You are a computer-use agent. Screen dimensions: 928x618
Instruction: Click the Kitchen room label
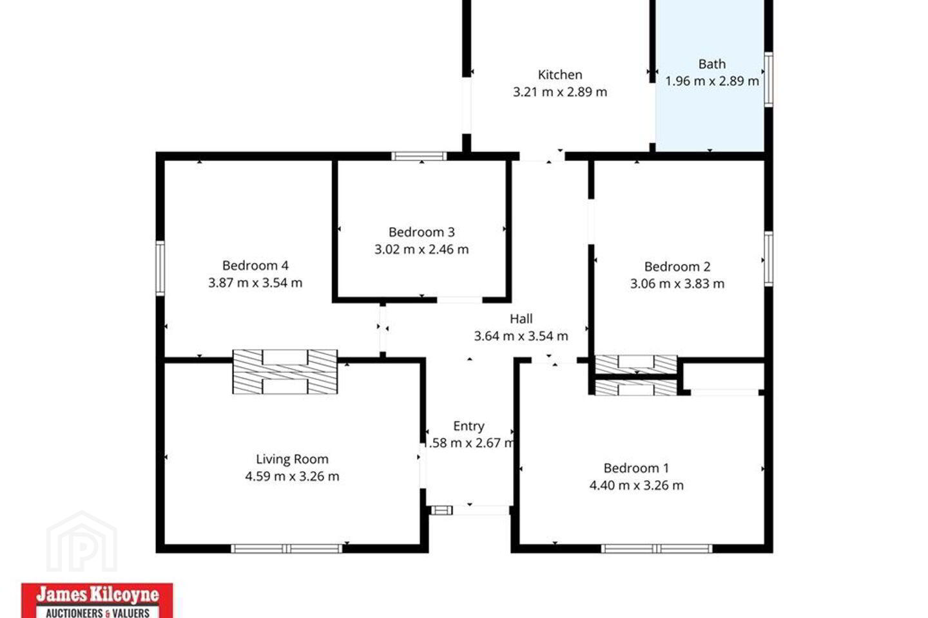click(559, 75)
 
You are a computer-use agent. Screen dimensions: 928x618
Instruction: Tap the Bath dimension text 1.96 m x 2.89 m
click(711, 81)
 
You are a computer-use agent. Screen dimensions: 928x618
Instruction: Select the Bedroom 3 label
click(421, 232)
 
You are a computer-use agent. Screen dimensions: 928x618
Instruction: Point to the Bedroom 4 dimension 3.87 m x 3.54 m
click(255, 283)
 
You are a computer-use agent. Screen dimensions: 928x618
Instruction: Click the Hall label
click(521, 319)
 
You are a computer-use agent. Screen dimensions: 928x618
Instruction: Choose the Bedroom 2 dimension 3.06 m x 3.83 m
click(677, 284)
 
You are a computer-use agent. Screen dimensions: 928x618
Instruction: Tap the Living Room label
click(292, 459)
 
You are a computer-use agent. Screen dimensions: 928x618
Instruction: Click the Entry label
click(469, 426)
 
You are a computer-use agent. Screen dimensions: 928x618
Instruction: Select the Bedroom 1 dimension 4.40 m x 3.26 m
click(636, 485)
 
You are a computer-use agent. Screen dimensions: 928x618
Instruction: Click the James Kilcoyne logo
click(97, 600)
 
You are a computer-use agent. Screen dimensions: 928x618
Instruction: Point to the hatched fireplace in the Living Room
click(285, 371)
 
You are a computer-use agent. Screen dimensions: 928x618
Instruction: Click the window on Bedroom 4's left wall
click(160, 268)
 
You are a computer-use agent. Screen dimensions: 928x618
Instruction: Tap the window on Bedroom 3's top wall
click(420, 156)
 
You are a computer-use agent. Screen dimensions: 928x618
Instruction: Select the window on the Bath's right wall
click(768, 79)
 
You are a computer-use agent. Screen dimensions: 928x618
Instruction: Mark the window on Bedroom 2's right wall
click(768, 259)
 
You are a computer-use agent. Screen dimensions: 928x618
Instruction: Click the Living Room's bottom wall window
click(287, 549)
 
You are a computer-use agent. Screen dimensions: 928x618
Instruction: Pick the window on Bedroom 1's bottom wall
click(657, 549)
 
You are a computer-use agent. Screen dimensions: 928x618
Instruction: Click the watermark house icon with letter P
click(82, 541)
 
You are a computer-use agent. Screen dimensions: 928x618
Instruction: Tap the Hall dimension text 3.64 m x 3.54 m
click(521, 336)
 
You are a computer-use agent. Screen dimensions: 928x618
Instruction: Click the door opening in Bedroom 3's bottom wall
click(460, 300)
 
